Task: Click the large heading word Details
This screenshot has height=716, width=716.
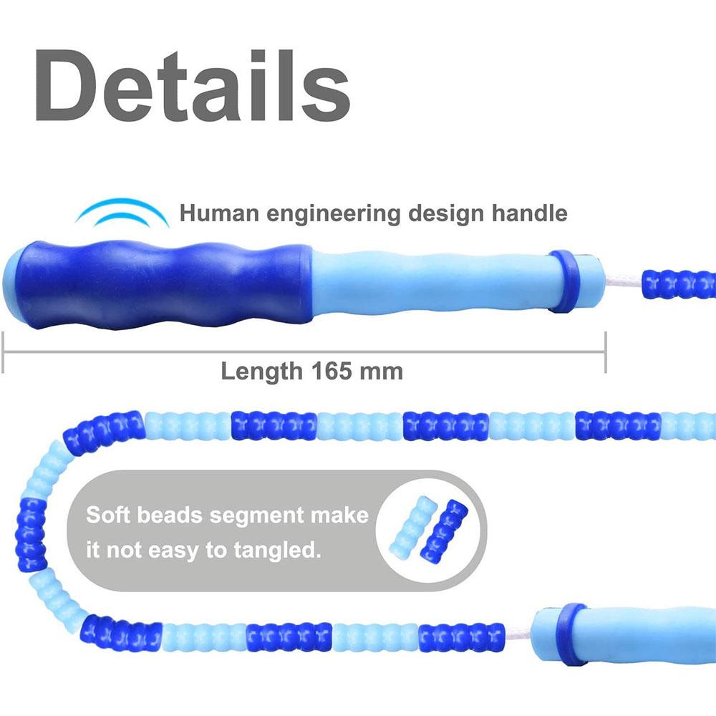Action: [x=192, y=85]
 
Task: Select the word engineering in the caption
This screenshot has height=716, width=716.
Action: [x=333, y=213]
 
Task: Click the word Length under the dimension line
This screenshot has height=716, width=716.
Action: [x=261, y=371]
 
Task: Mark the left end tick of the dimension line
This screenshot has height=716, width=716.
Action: [x=3, y=352]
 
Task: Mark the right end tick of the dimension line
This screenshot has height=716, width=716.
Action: [x=606, y=352]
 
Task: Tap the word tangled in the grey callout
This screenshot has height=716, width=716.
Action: [x=277, y=550]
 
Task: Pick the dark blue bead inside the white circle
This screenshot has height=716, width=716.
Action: [x=444, y=531]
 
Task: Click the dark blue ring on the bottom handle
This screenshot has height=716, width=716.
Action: [x=573, y=634]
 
